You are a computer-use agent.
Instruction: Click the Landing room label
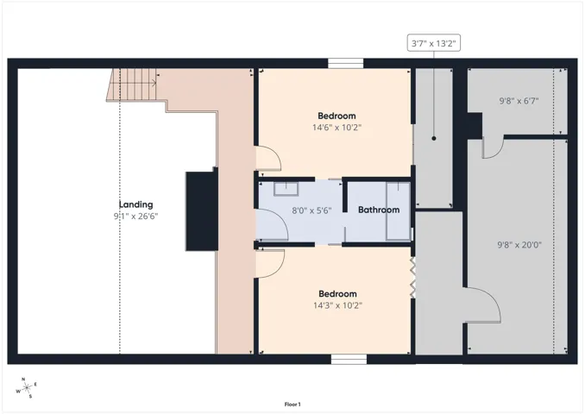(x=135, y=204)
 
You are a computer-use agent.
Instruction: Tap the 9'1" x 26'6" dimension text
(x=135, y=216)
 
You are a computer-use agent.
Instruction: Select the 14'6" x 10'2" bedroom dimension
(x=337, y=128)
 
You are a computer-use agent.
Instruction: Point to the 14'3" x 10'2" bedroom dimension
(x=337, y=305)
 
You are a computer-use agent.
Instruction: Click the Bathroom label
(x=379, y=210)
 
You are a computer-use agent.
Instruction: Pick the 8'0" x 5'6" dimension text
(x=311, y=210)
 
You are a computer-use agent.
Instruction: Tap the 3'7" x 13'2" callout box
(x=433, y=43)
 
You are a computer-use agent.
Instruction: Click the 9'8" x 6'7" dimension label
(x=519, y=101)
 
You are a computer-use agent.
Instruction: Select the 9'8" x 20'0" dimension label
(x=519, y=245)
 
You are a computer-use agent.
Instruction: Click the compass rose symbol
(x=27, y=388)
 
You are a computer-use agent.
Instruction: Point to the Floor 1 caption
(x=292, y=405)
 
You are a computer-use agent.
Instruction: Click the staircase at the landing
(x=132, y=85)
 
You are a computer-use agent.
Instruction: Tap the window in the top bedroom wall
(x=345, y=64)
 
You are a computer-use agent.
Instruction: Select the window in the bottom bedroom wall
(x=349, y=359)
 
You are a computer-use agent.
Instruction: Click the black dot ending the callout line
(x=434, y=138)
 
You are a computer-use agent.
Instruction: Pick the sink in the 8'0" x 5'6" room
(x=286, y=189)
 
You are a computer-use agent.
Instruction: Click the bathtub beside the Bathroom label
(x=398, y=210)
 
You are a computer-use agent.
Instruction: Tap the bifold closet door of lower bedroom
(x=413, y=277)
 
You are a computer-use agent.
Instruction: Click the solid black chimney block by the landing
(x=202, y=211)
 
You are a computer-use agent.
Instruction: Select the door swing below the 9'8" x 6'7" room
(x=494, y=147)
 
